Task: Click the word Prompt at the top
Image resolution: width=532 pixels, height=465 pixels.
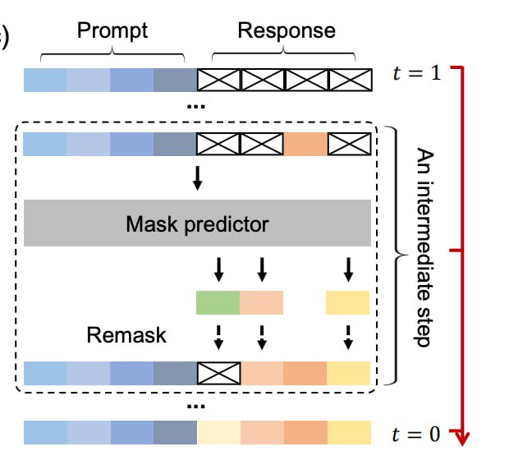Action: click(x=112, y=31)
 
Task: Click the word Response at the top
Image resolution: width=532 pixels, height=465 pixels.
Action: click(x=287, y=31)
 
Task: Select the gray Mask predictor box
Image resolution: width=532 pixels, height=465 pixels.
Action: click(x=197, y=223)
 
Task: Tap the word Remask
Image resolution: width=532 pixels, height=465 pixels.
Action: click(x=126, y=335)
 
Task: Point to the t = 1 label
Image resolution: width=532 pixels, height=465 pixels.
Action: click(x=417, y=73)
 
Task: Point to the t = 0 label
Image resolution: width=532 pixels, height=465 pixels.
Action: click(x=416, y=434)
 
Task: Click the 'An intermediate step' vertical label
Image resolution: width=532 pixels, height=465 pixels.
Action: click(x=424, y=247)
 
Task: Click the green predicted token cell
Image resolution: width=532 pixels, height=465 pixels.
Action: click(x=218, y=302)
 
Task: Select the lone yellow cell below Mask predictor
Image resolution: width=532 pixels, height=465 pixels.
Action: click(x=347, y=302)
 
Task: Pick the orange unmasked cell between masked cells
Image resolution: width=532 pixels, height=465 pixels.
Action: click(x=305, y=145)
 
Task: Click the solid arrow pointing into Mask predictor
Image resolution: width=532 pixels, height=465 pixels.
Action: click(x=198, y=177)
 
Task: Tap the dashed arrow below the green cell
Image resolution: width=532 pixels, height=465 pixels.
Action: click(x=218, y=338)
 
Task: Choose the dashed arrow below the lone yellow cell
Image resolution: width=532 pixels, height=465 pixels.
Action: click(x=348, y=338)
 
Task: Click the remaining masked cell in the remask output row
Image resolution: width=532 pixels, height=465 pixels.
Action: click(x=219, y=373)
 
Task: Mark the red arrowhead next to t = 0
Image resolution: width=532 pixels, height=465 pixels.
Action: click(x=461, y=438)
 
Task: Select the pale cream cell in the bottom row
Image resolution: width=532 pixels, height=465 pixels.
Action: click(x=219, y=432)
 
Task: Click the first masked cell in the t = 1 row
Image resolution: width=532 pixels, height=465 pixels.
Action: click(x=219, y=81)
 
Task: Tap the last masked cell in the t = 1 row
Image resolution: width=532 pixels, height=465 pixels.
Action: click(x=351, y=81)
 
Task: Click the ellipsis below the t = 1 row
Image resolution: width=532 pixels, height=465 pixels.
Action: click(x=196, y=107)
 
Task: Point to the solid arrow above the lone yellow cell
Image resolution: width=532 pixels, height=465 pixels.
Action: click(x=348, y=269)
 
